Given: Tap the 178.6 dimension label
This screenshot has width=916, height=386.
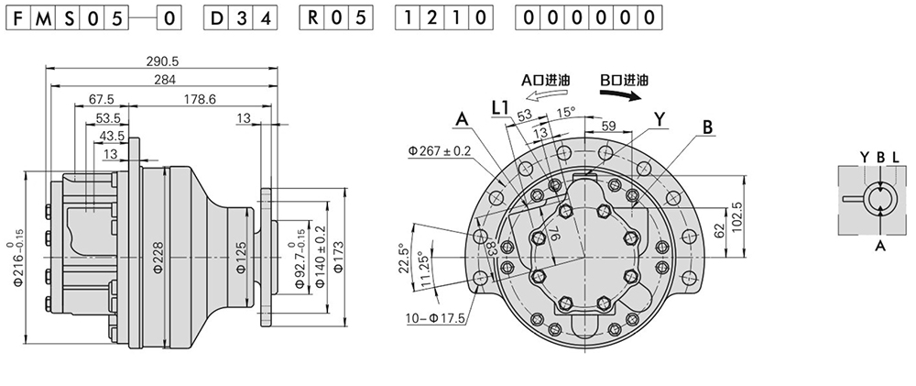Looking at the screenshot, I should (199, 99).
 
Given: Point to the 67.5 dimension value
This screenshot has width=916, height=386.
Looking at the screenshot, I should (101, 99).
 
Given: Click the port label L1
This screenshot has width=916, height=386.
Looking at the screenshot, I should (499, 108).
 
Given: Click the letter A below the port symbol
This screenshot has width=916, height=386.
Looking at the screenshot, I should (880, 246).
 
